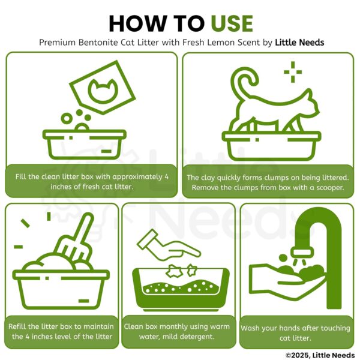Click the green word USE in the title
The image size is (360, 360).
pos(232,23)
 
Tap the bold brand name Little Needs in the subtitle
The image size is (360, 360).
pos(299,43)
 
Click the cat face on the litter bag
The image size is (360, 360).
pos(103,91)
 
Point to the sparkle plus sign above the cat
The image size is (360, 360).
pos(293,72)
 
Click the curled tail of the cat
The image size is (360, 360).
pos(244,83)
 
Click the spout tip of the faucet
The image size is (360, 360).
pos(302,253)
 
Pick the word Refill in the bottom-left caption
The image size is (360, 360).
pos(17,326)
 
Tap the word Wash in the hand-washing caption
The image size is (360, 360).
pos(250,328)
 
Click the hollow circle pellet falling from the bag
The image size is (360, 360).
pos(67,119)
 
